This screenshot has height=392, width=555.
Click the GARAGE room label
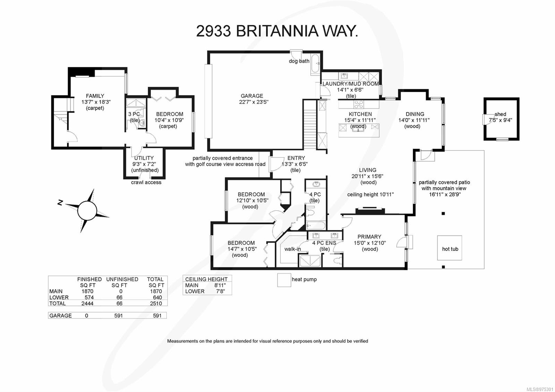[252, 96]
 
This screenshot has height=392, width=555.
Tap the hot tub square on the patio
[450, 248]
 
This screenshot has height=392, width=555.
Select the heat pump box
[284, 280]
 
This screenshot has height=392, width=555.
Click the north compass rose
[87, 210]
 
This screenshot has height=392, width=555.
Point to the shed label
[500, 114]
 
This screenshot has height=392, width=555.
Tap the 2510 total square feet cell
[156, 303]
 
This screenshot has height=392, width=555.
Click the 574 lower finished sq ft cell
[89, 297]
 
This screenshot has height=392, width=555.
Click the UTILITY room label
[144, 158]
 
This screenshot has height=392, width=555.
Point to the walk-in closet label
[292, 249]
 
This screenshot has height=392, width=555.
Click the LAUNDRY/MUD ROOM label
[351, 84]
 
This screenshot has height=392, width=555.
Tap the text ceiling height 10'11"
[370, 195]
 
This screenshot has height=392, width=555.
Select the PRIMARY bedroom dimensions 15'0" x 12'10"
[369, 243]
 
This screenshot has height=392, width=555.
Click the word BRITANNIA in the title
[277, 31]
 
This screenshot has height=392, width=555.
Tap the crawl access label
[146, 182]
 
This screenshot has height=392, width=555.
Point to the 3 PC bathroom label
[134, 114]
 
